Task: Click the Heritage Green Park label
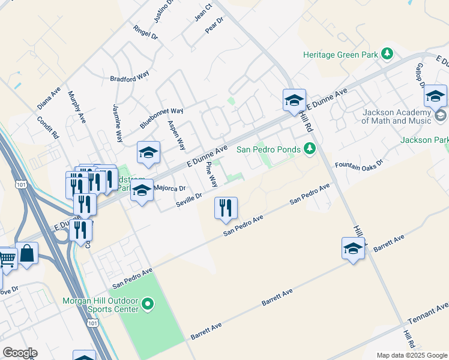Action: coord(340,55)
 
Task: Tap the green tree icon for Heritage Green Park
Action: coord(387,54)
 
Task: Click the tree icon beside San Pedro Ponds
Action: coord(310,148)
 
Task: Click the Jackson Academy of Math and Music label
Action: coord(397,116)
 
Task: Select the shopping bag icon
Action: coord(27,254)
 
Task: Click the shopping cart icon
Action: coord(7,259)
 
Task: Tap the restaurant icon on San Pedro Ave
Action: coord(226,208)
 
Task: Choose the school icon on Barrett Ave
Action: coord(353,248)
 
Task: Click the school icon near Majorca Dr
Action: coord(142,192)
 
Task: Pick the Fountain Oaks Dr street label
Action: coord(359,164)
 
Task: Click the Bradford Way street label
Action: coord(129,78)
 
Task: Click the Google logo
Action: coord(20,353)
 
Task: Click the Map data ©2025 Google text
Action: coord(411,355)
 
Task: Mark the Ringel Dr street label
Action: coord(146,32)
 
